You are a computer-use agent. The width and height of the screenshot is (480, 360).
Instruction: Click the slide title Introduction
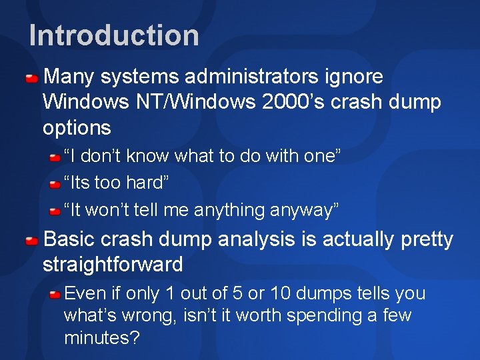114,35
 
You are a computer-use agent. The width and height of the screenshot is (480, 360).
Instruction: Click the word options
76,127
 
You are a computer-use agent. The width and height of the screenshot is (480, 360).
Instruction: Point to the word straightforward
113,265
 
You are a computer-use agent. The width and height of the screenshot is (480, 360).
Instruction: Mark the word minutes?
102,338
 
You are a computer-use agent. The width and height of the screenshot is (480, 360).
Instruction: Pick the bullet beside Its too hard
55,184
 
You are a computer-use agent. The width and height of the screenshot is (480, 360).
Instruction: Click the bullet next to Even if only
55,295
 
